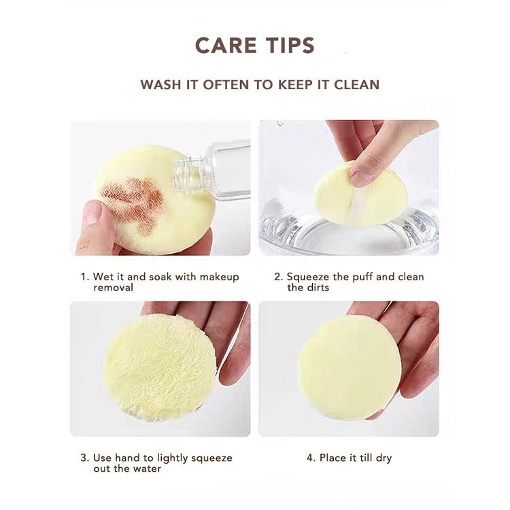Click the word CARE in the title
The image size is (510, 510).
point(226,45)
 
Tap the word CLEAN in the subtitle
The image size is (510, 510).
point(357,84)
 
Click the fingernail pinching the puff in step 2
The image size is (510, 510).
point(360,179)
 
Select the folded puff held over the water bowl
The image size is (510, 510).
point(360,194)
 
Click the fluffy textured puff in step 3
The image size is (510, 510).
point(159,367)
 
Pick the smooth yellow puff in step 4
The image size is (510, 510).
point(349,367)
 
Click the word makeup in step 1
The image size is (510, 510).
point(219,277)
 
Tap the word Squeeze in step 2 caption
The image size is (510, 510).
point(307,277)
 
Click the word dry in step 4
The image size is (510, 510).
point(384,458)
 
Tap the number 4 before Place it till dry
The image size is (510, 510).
point(311,458)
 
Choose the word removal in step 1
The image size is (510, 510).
point(113,288)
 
